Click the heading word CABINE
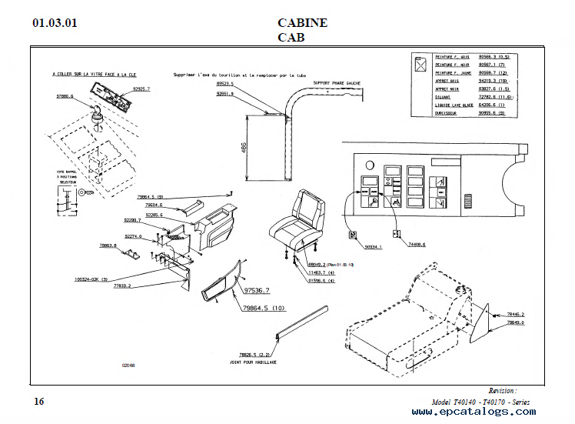[302, 22]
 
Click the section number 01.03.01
[55, 23]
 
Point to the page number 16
[39, 401]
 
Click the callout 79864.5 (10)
[264, 309]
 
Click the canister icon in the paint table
[421, 65]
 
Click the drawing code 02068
[128, 366]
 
